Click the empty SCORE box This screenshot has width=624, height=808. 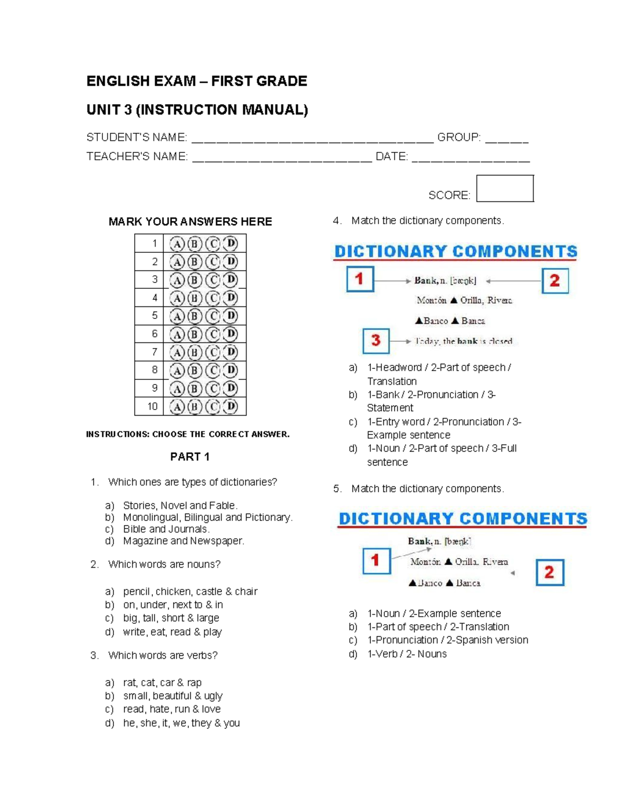505,188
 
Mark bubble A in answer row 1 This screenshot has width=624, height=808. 177,243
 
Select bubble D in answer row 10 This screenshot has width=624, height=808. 230,406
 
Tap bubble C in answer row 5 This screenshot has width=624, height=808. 212,316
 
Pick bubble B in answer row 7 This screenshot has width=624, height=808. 194,352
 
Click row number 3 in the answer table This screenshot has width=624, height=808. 154,279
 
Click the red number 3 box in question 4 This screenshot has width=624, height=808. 376,341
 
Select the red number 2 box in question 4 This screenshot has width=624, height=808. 555,281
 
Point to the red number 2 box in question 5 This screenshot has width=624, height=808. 550,572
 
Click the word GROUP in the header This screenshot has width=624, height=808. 458,137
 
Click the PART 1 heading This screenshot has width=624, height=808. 190,457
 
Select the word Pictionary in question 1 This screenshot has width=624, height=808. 268,517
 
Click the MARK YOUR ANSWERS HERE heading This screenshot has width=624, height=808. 190,222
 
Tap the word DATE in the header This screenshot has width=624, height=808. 391,157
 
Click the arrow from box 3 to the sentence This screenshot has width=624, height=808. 401,341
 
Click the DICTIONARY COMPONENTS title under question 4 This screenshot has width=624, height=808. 456,252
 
